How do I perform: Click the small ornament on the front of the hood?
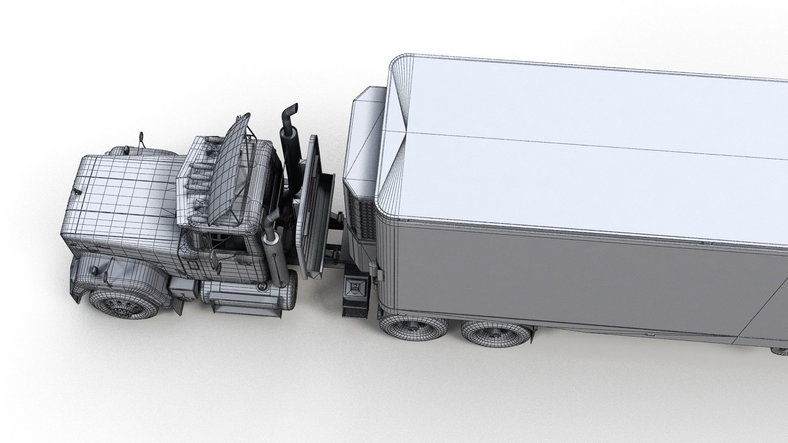coord(77,191)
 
